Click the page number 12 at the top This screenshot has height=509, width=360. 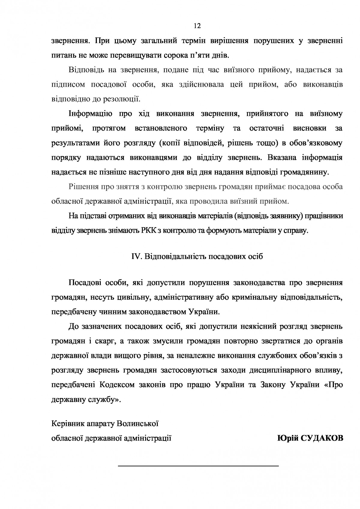(x=197, y=26)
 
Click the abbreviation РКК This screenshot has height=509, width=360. (x=147, y=231)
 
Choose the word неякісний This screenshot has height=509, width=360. (x=259, y=326)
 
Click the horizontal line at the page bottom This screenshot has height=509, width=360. (x=198, y=466)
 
